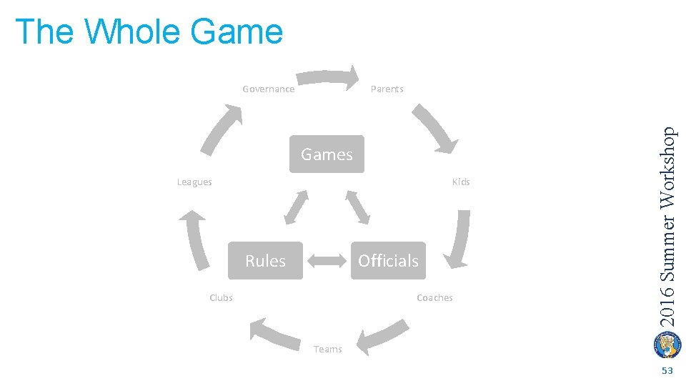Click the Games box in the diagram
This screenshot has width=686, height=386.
[x=327, y=154]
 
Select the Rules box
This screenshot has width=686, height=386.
[x=265, y=261]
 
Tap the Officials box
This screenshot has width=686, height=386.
[x=388, y=261]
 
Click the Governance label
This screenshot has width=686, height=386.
[x=268, y=89]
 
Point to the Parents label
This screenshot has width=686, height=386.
[x=387, y=89]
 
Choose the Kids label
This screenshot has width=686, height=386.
[x=461, y=182]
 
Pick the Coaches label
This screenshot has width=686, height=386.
[x=434, y=298]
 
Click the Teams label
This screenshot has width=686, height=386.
[x=327, y=350]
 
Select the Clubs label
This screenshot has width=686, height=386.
[x=221, y=298]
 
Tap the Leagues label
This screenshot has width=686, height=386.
[x=194, y=182]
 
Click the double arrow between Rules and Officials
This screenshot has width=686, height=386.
[x=327, y=261]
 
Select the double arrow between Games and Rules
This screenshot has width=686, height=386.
[x=296, y=207]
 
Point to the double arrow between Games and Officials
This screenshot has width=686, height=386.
[x=358, y=207]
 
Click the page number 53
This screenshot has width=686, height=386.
[x=667, y=371]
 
